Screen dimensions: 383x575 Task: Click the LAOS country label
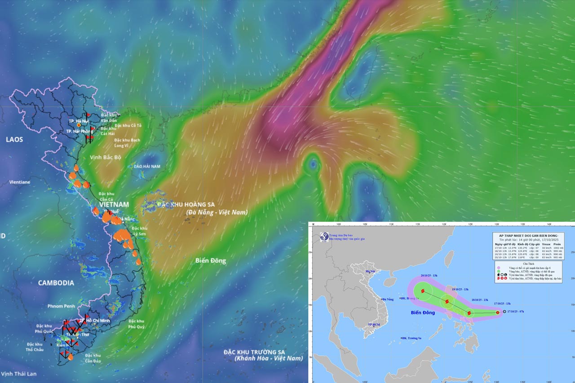click(x=14, y=140)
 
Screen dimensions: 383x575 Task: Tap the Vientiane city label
click(x=20, y=182)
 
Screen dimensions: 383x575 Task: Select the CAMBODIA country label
click(x=56, y=283)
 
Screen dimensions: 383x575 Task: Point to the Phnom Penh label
click(x=61, y=306)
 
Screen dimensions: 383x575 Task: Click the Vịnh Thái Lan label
click(x=19, y=374)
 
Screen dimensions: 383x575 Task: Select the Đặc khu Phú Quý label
click(x=136, y=324)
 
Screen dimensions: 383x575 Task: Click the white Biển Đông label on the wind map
click(x=211, y=260)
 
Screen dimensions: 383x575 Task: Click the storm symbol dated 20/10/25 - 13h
click(x=423, y=291)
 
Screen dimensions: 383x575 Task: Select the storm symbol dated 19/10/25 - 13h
click(x=447, y=301)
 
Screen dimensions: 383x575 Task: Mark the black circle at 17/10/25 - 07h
click(x=504, y=312)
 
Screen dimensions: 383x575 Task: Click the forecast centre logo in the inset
click(x=323, y=237)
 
